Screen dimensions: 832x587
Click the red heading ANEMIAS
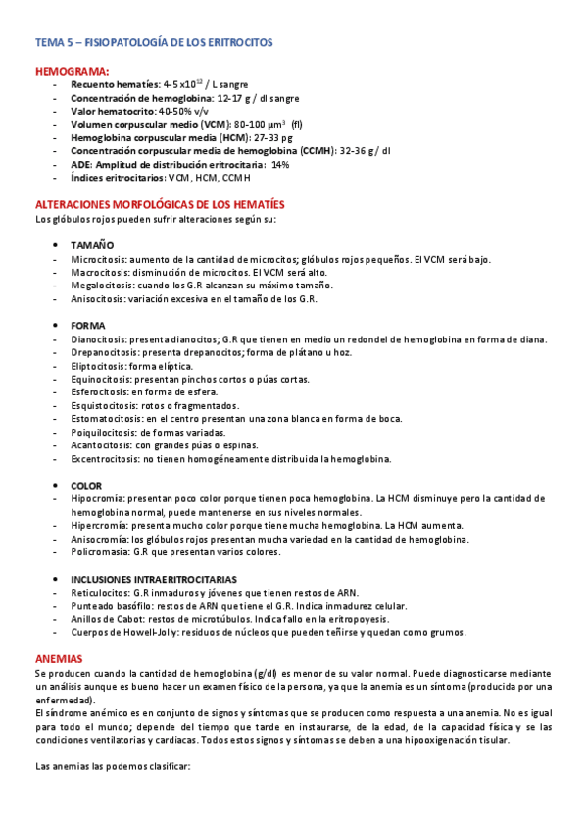click(x=59, y=657)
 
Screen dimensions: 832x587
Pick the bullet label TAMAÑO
click(x=92, y=245)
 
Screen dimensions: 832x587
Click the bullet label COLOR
click(x=86, y=486)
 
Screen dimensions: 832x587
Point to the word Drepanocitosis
click(x=105, y=352)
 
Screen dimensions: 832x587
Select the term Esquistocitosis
click(x=104, y=405)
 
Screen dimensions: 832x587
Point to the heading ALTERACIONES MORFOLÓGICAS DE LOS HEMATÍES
click(x=152, y=204)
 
